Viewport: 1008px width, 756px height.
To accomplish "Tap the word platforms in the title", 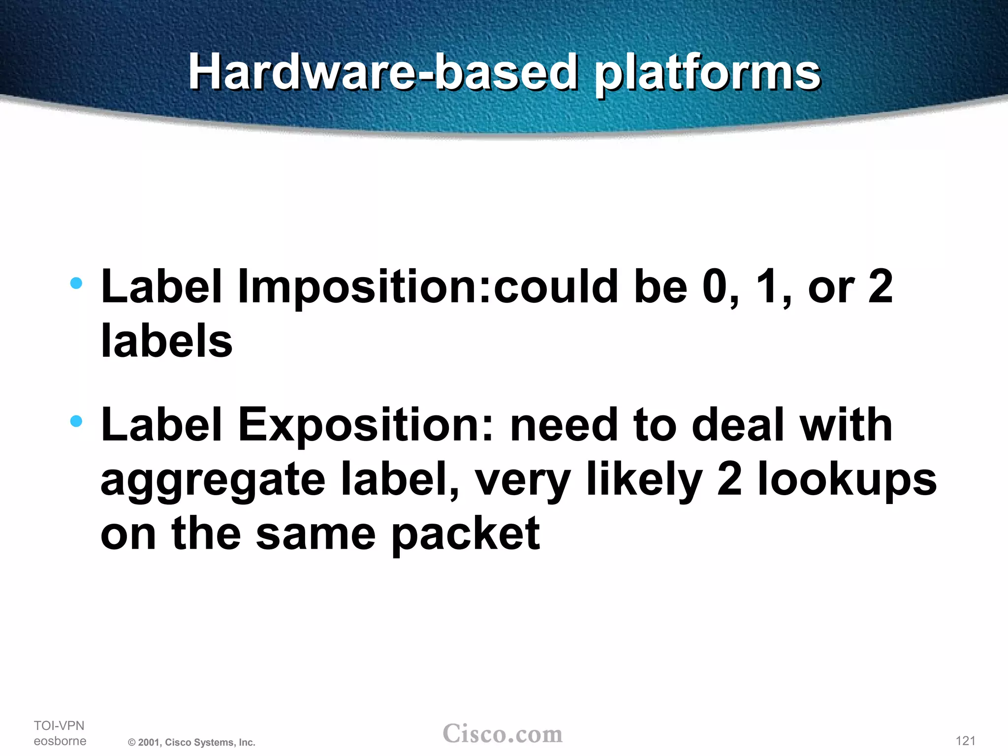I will click(707, 74).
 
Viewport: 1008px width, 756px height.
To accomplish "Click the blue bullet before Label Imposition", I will click(76, 283).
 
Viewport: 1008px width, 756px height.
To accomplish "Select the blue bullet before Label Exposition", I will click(76, 421).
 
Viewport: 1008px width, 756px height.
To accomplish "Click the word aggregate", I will click(213, 480).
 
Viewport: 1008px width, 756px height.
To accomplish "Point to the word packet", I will click(466, 535).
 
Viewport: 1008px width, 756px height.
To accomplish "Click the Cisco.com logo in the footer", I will click(503, 733).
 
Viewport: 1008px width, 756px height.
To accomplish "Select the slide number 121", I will click(965, 741).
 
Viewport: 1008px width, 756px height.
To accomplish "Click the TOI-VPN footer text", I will click(59, 725).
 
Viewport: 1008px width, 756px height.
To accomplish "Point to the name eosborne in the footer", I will click(60, 741).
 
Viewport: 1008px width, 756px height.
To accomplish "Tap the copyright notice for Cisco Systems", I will click(191, 742).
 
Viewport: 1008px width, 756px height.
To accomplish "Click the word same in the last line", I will click(316, 535).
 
